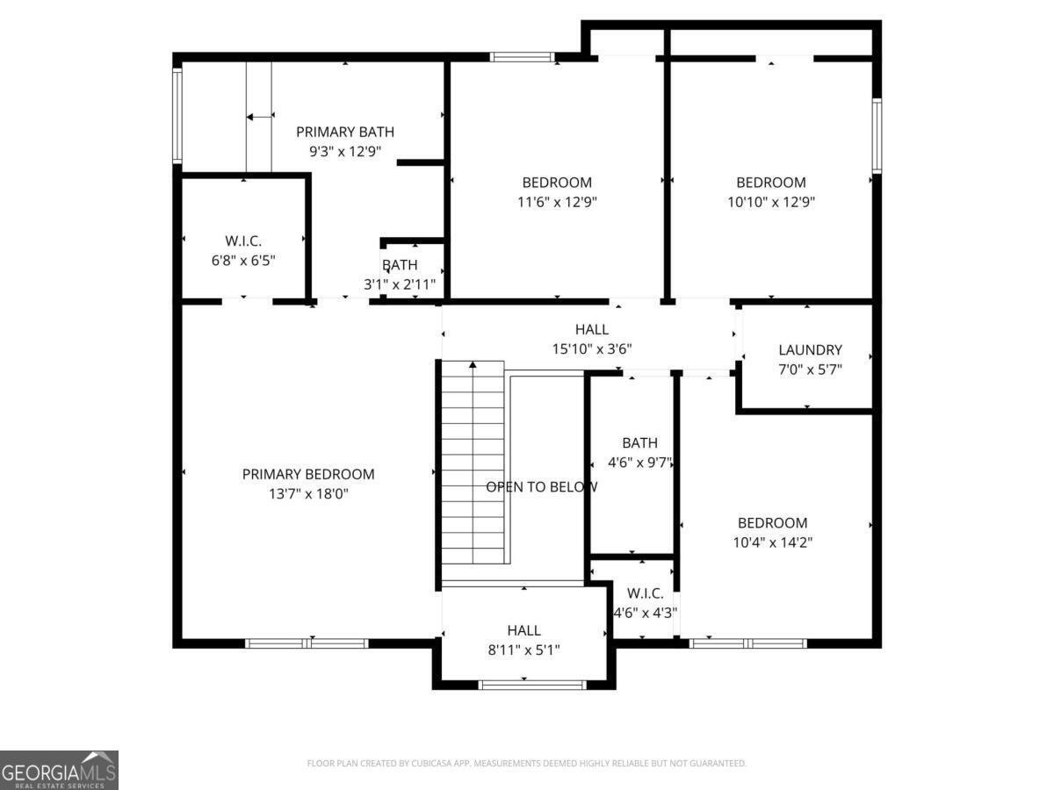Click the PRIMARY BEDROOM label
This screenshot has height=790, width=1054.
pyautogui.click(x=308, y=474)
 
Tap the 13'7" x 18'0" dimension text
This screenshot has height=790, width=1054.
pyautogui.click(x=308, y=493)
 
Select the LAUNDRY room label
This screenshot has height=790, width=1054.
pyautogui.click(x=810, y=349)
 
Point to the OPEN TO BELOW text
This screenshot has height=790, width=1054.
pyautogui.click(x=542, y=486)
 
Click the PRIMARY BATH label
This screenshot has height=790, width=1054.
pyautogui.click(x=344, y=132)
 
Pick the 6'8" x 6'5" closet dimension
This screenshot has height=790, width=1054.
pyautogui.click(x=242, y=260)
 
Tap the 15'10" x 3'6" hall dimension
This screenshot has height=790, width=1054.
pyautogui.click(x=592, y=348)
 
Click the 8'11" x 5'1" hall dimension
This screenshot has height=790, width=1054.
pyautogui.click(x=523, y=650)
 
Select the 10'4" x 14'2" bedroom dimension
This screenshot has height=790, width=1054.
pyautogui.click(x=772, y=542)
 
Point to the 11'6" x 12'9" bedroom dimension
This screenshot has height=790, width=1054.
pyautogui.click(x=557, y=202)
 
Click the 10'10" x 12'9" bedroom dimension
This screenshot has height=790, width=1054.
pyautogui.click(x=770, y=202)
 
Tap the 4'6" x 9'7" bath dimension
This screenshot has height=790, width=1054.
pyautogui.click(x=640, y=463)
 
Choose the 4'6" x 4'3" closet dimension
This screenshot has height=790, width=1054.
pyautogui.click(x=645, y=613)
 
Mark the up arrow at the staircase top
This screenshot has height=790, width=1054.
pyautogui.click(x=473, y=365)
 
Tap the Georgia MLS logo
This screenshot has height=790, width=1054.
pyautogui.click(x=59, y=770)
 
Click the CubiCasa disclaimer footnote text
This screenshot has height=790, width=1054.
pyautogui.click(x=526, y=764)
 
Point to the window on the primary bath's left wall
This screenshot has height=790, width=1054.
pyautogui.click(x=177, y=116)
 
